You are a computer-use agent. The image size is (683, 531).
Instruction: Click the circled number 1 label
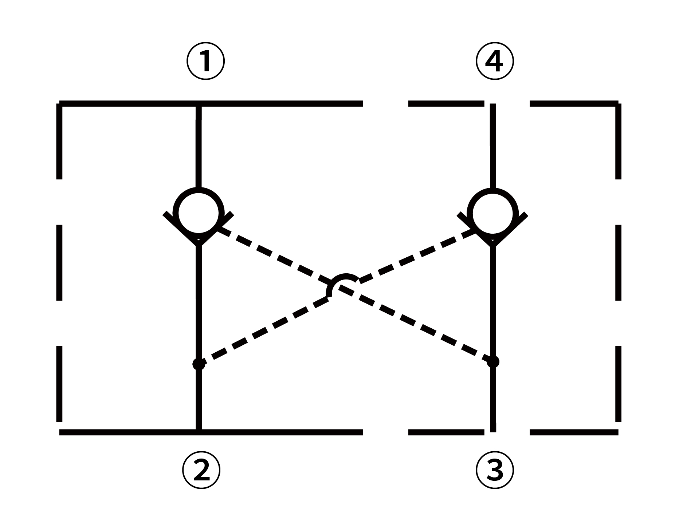[x=205, y=62]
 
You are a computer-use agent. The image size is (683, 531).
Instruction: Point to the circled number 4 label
[x=495, y=62]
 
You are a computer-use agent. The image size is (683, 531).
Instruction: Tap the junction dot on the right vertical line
[x=493, y=362]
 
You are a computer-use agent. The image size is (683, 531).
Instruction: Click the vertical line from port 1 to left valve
[x=199, y=146]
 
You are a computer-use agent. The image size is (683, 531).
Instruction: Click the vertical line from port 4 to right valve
[x=493, y=146]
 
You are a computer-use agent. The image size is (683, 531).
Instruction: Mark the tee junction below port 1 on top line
[x=199, y=104]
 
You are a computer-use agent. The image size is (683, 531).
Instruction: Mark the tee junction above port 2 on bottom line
[x=199, y=432]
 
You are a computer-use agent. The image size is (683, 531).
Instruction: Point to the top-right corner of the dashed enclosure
[x=618, y=104]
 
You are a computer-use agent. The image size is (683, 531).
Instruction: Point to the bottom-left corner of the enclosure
[x=60, y=432]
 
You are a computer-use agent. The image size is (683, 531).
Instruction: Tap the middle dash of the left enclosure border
[x=59, y=262]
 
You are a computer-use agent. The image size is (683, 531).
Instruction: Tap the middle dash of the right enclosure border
[x=618, y=262]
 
